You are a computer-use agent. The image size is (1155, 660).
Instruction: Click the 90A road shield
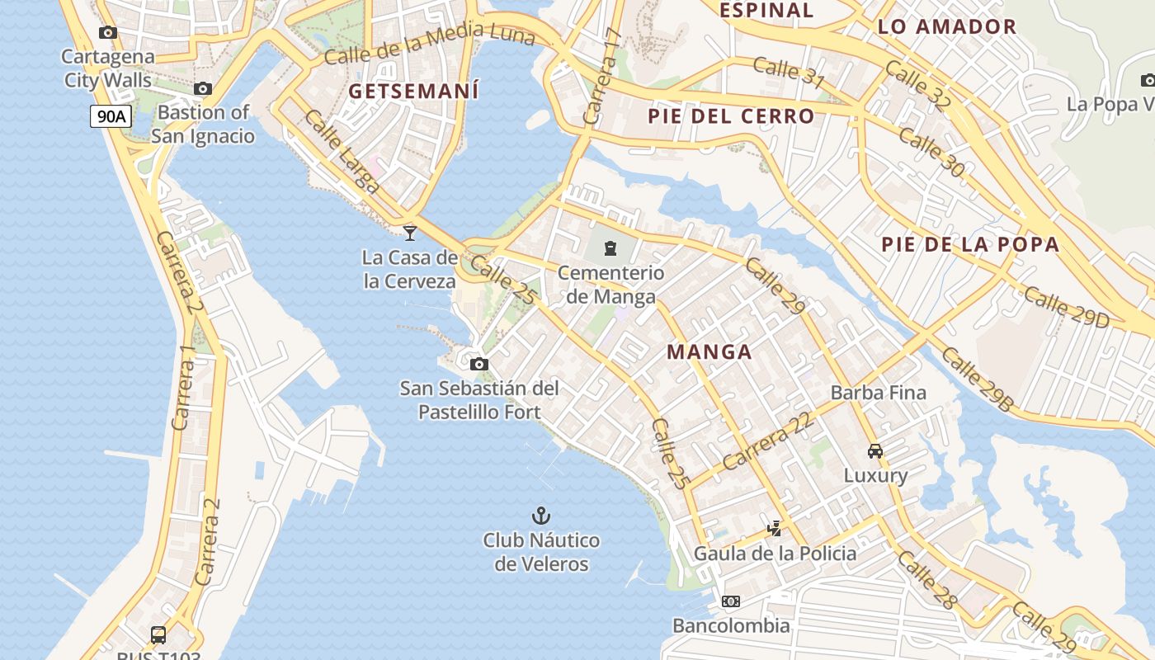[x=111, y=116]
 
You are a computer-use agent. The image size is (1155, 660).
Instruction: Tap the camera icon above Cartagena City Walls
[x=108, y=33]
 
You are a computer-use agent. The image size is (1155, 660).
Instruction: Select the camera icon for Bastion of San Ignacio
[x=203, y=88]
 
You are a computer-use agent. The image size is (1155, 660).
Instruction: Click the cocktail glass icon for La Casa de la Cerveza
[x=410, y=233]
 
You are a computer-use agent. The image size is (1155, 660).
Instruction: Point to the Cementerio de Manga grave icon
[x=610, y=247]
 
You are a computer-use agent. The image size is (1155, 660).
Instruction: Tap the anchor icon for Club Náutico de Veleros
[x=540, y=516]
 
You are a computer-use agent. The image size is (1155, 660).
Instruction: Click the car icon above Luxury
[x=875, y=450]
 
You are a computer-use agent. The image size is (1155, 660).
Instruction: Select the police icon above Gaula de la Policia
[x=774, y=528]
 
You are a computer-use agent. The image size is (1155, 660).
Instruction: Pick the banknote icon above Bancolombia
[x=731, y=601]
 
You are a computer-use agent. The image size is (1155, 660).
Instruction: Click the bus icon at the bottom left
[x=158, y=635]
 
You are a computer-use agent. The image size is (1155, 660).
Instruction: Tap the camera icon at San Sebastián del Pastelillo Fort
[x=478, y=364]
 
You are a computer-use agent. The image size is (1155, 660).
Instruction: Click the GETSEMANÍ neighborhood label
[x=413, y=91]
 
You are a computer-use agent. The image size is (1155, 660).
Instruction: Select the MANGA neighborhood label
[x=709, y=352]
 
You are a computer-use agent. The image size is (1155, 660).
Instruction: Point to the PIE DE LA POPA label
[x=970, y=244]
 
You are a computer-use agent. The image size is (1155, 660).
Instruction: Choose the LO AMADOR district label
[x=947, y=26]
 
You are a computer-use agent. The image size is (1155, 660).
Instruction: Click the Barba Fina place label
[x=879, y=393]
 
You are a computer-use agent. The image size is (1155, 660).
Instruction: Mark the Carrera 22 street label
[x=768, y=441]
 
